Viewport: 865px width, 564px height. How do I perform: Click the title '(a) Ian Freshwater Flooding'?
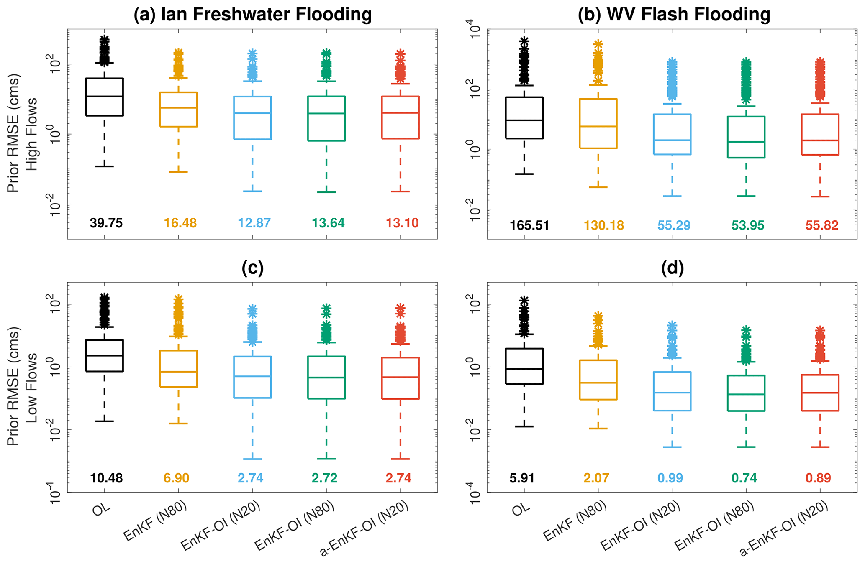tap(252, 15)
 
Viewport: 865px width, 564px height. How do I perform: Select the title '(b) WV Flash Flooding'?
tap(674, 15)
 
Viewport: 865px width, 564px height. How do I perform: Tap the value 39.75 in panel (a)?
tap(106, 223)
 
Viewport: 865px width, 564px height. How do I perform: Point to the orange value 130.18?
tap(604, 226)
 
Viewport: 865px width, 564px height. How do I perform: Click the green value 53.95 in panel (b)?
tap(748, 226)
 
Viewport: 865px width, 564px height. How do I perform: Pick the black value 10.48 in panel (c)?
tap(106, 478)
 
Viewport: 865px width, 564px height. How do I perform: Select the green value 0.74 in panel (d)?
tap(745, 478)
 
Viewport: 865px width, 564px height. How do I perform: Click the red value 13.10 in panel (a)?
tap(402, 223)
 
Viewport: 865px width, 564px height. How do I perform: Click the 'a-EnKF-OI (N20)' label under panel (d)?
tap(784, 529)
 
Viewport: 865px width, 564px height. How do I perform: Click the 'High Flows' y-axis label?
tap(32, 134)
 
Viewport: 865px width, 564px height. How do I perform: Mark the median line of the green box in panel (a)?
tap(326, 113)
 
